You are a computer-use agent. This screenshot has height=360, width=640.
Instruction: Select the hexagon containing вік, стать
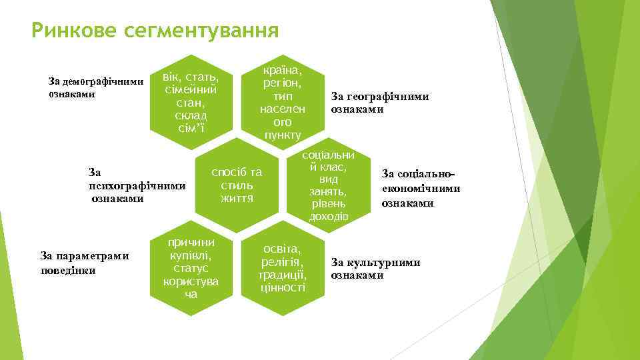point(192,100)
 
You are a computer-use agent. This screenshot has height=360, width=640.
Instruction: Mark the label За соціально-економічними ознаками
point(420,188)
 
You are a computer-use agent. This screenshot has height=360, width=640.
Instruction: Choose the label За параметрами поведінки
point(84,263)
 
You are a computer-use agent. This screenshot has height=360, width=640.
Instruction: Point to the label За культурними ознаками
point(375,269)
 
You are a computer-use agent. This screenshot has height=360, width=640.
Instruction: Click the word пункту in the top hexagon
point(283,135)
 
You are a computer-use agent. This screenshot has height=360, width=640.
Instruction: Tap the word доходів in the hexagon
point(328,217)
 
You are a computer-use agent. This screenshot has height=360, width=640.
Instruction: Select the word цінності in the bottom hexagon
point(283,287)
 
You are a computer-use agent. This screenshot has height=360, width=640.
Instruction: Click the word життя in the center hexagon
point(237,199)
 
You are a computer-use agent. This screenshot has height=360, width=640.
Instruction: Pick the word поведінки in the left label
point(69,270)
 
